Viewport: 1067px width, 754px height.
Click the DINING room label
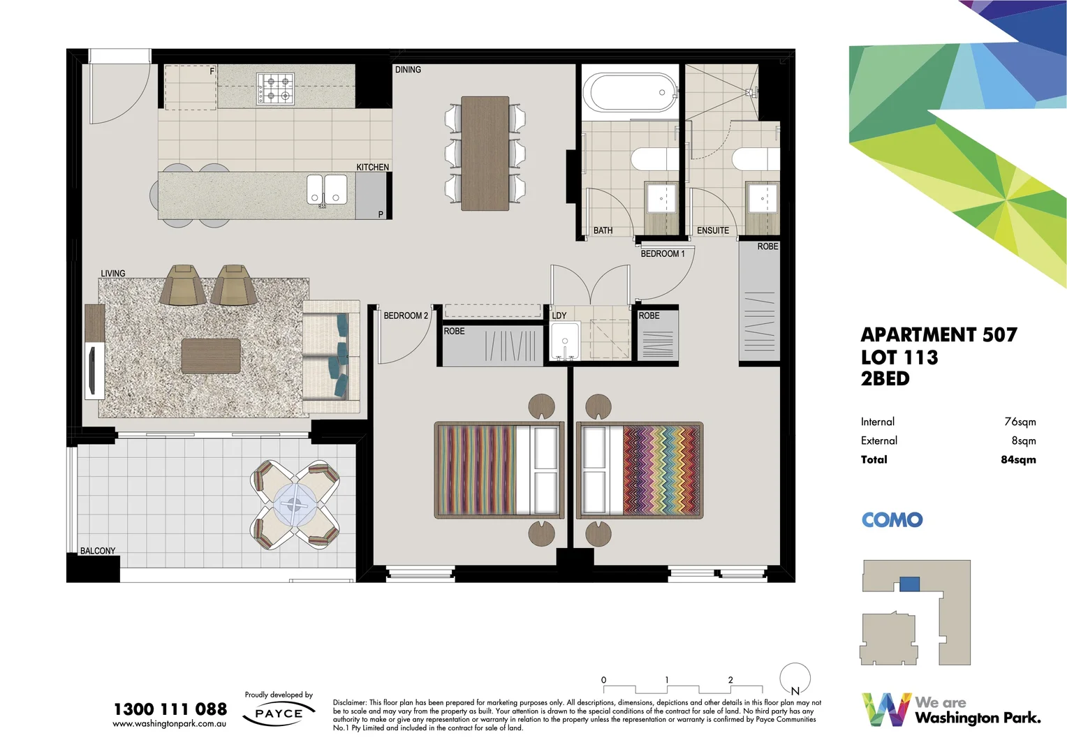tap(408, 70)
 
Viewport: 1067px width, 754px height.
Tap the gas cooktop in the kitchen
tap(275, 89)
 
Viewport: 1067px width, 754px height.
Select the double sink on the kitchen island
tap(327, 189)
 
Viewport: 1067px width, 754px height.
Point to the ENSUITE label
tap(712, 230)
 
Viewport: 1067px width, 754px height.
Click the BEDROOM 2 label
tap(405, 316)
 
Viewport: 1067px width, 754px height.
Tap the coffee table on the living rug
tap(211, 356)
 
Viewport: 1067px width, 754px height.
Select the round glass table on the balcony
tap(295, 503)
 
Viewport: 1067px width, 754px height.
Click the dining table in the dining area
tap(485, 153)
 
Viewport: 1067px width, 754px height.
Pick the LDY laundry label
tap(559, 316)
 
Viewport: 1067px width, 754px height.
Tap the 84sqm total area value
tap(1018, 459)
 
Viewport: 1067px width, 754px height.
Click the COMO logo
tap(892, 520)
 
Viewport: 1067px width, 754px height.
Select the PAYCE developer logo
tap(279, 714)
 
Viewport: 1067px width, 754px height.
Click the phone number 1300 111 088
tap(170, 709)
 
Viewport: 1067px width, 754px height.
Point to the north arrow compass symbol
tap(795, 678)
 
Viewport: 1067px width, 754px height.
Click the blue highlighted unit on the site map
tap(909, 584)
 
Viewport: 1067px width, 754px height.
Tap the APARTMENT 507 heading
tap(939, 335)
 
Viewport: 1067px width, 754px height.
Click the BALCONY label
tap(98, 551)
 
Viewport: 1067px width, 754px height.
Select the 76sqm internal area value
tap(1020, 422)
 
